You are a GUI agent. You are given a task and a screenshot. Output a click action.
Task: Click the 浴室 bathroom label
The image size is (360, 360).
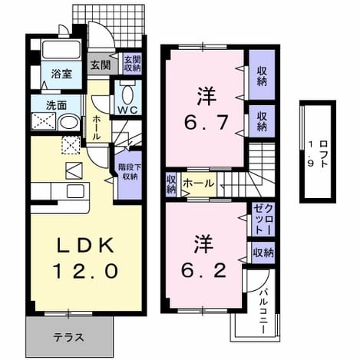(61, 74)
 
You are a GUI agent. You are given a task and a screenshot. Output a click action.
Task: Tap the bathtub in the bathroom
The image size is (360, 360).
(61, 50)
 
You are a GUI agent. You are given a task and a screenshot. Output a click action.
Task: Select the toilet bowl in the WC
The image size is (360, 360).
(127, 94)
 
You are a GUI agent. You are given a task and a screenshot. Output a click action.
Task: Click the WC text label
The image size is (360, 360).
(127, 110)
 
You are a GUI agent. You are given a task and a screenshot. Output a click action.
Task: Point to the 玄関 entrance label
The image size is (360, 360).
(101, 65)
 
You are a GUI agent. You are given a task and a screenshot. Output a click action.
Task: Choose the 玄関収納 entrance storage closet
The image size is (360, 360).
(132, 64)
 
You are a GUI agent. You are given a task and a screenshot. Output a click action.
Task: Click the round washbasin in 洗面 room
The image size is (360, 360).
(69, 122)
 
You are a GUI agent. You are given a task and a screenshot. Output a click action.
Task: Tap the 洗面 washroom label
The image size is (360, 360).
(56, 105)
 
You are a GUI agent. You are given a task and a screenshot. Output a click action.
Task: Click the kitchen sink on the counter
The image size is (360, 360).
(75, 191)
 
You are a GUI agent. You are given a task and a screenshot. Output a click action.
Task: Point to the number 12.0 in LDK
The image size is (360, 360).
(85, 271)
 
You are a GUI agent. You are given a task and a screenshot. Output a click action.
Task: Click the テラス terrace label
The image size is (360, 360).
(68, 338)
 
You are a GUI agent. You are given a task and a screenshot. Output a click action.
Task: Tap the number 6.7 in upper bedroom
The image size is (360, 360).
(206, 123)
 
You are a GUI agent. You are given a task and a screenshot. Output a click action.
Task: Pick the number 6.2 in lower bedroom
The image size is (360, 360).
(204, 270)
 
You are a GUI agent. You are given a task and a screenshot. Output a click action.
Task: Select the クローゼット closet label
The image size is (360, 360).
(263, 220)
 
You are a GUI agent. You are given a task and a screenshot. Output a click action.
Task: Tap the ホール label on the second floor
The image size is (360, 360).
(198, 183)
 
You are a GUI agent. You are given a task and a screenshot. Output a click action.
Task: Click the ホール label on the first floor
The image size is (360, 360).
(96, 127)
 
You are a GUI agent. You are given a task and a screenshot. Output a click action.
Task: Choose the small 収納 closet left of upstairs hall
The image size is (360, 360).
(171, 185)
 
